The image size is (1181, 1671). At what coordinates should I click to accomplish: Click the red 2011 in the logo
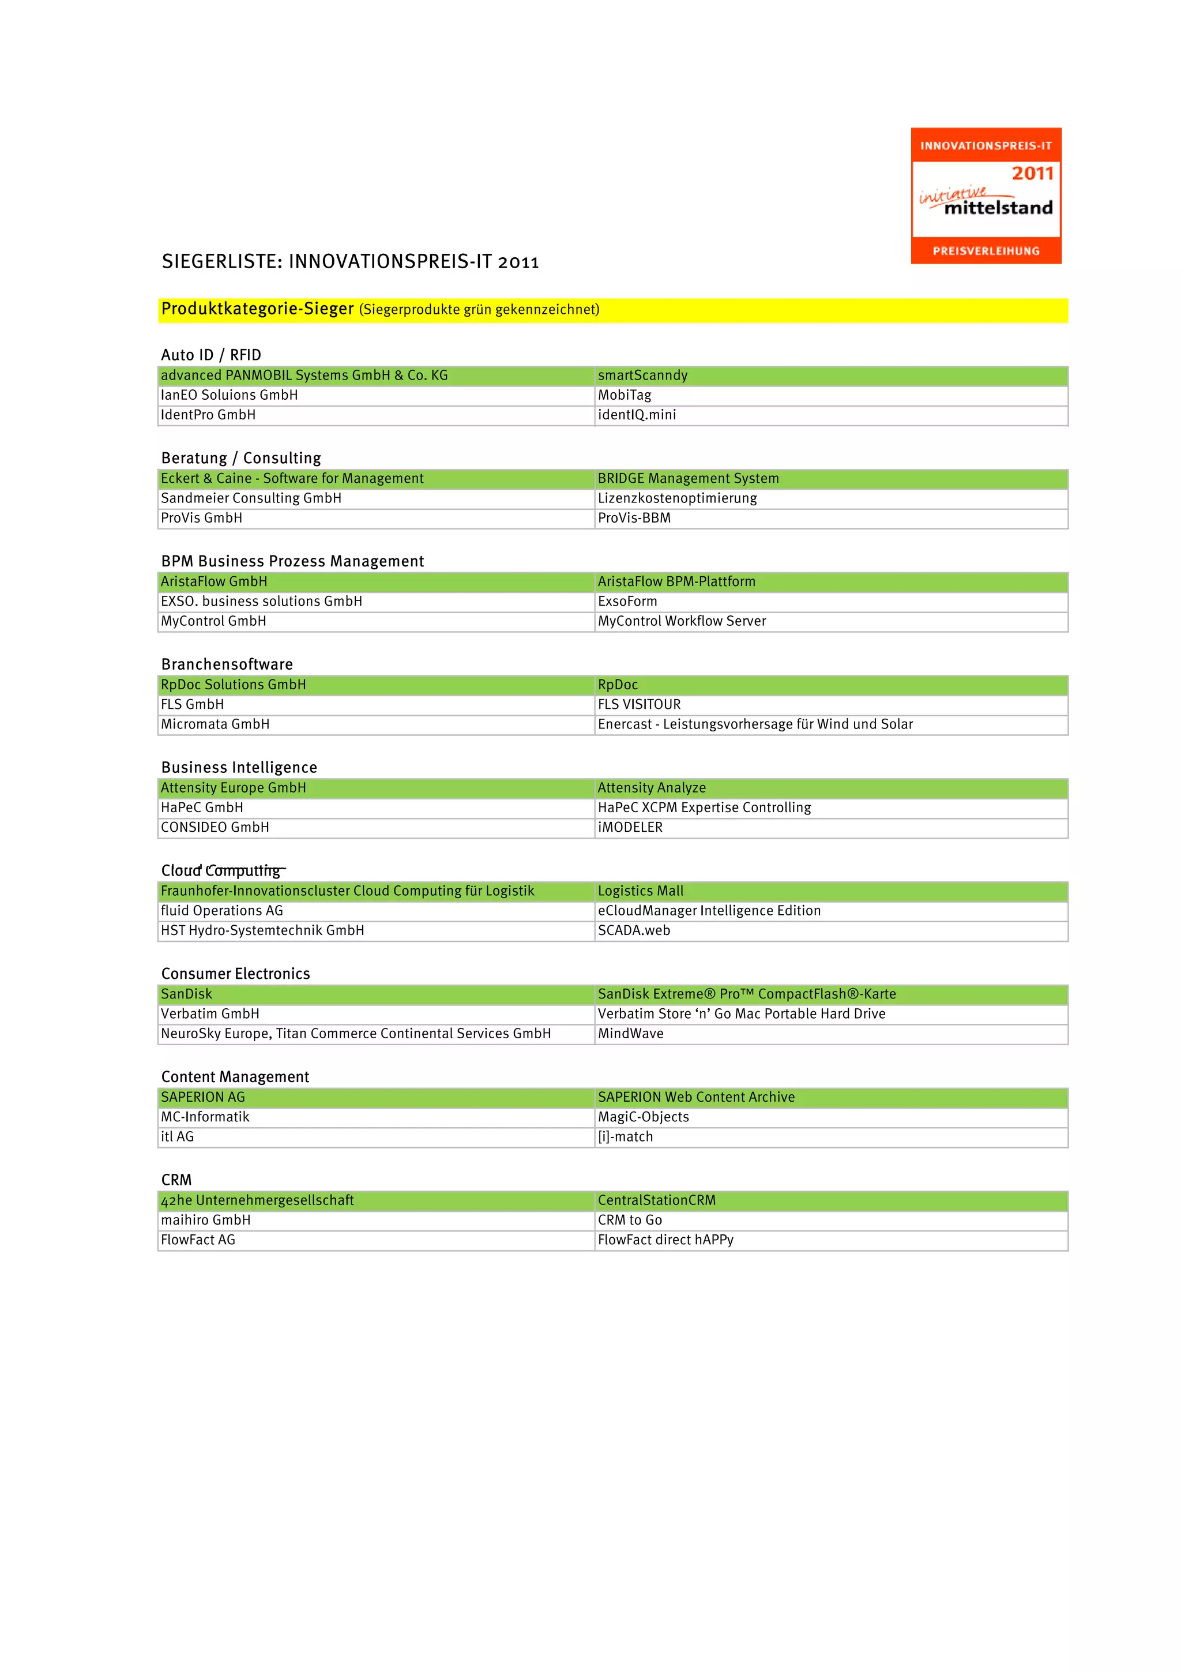[1032, 173]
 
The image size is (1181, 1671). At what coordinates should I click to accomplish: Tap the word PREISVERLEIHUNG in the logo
[986, 251]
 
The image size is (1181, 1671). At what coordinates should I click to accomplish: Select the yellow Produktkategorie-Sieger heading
[258, 309]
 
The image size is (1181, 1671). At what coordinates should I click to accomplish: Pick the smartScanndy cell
[642, 375]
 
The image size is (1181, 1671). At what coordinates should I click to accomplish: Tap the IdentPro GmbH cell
[208, 415]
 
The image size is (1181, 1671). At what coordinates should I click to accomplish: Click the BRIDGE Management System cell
[687, 478]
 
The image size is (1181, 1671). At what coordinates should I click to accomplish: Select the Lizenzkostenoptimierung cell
[677, 498]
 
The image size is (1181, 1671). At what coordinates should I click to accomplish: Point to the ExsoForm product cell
[627, 601]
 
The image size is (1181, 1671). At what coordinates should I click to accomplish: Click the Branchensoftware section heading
[227, 664]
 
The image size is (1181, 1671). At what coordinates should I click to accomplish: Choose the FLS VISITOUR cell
[639, 704]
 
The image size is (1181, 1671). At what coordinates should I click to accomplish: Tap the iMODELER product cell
[630, 828]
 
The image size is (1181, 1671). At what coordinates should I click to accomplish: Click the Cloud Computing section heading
[221, 870]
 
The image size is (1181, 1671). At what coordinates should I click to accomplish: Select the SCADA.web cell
[634, 930]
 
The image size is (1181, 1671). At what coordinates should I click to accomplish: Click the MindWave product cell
[630, 1034]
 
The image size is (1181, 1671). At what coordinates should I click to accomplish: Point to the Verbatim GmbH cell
[210, 1014]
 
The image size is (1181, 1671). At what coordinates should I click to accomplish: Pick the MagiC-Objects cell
[643, 1117]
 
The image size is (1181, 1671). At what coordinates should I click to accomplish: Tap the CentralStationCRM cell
[656, 1200]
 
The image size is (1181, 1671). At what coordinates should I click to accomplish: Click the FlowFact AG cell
[198, 1240]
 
